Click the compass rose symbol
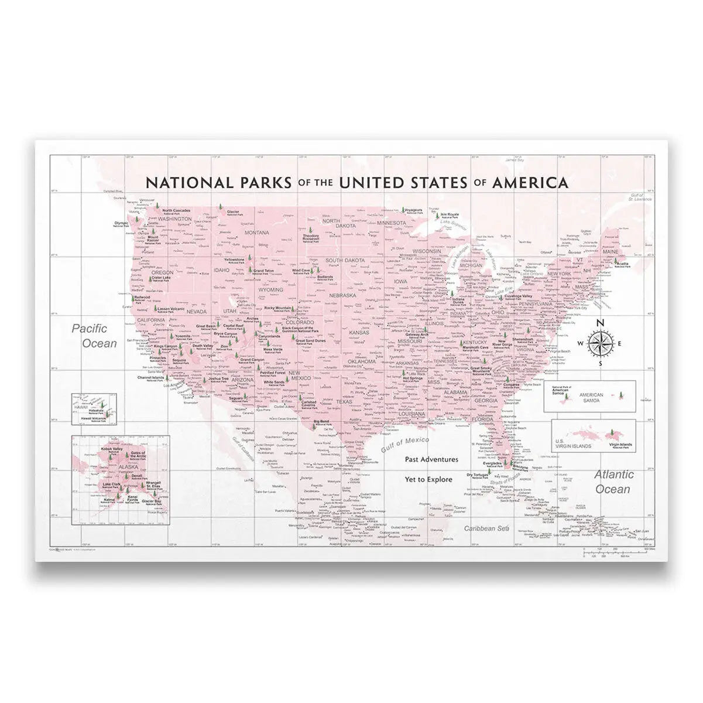[x=600, y=342]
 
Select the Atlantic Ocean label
[x=612, y=482]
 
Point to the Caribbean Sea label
[x=483, y=528]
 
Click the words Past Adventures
[x=431, y=460]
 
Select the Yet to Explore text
[x=428, y=479]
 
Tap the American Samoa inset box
[x=590, y=397]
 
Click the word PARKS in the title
[x=255, y=182]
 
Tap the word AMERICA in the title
[x=530, y=182]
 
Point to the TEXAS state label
[x=344, y=402]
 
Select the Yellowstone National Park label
[x=234, y=260]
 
